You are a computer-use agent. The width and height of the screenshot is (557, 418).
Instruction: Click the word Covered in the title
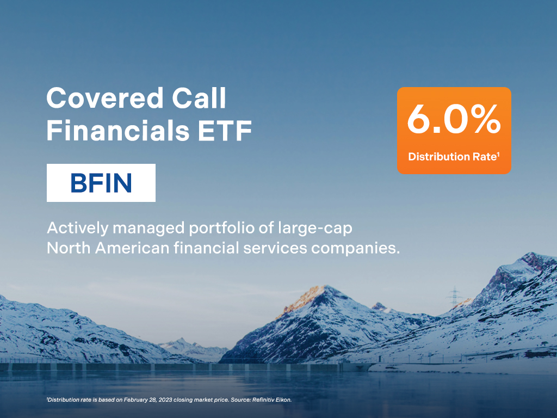104,98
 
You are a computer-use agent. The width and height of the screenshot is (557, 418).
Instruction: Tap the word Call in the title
199,98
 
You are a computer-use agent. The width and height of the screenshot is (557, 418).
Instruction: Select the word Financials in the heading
118,131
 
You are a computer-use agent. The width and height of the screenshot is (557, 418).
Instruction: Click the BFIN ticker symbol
101,183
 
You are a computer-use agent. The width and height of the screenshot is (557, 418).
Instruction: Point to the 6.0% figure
454,119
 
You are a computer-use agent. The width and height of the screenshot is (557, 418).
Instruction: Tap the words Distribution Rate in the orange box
452,156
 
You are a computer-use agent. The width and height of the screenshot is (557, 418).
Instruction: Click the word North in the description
69,248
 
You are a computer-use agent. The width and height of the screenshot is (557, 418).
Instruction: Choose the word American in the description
132,248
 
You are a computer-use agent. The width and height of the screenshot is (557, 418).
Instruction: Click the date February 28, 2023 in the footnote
148,400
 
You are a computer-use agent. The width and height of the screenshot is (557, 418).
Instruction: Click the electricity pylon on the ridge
454,296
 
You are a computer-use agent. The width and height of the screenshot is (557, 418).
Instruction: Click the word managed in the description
148,229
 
